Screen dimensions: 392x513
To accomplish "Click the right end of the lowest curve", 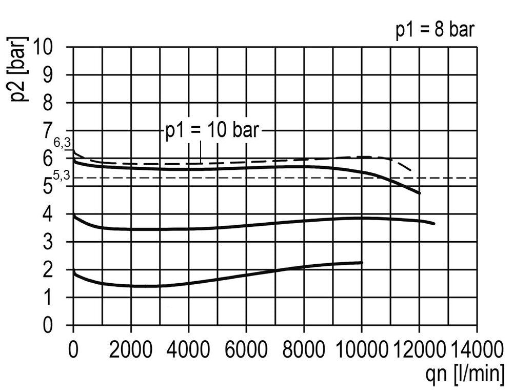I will tap(362, 262).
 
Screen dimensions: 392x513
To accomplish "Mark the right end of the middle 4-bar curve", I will tap(434, 224).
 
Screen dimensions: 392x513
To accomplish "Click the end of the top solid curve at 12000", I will tap(420, 193).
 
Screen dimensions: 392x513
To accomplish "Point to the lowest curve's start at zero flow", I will tap(74, 271).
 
